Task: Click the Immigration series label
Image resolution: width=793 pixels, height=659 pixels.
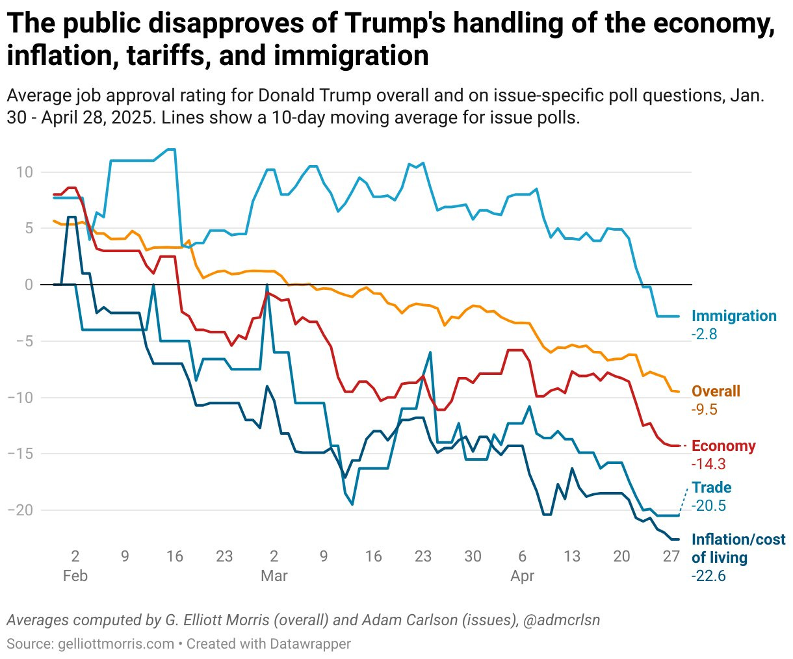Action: coord(734,317)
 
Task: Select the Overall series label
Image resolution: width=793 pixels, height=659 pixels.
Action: coord(716,391)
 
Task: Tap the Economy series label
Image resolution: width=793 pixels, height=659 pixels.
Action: coord(723,446)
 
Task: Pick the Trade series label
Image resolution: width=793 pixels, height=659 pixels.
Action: coord(711,487)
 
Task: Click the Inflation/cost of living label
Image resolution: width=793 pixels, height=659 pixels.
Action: coord(738,548)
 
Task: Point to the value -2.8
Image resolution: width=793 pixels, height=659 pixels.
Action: coord(704,335)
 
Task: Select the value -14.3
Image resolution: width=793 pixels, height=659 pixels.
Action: coord(708,464)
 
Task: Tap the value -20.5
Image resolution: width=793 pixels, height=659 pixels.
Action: coord(708,506)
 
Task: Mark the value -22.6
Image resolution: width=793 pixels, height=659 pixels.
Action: coord(708,576)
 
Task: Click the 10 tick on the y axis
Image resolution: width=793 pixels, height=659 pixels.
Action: coord(25,173)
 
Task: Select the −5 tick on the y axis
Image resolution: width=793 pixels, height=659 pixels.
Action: coord(24,341)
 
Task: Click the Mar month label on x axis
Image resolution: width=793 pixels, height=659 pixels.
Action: coord(274,576)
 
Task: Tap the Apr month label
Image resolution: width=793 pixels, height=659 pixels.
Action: coord(523,576)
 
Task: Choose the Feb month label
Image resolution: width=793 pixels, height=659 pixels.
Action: coord(75,576)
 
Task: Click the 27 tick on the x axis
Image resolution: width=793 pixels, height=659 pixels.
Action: coord(671,556)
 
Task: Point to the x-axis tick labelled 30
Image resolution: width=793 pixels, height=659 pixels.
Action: coord(473,556)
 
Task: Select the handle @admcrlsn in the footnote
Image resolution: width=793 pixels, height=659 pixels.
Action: coord(561,620)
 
